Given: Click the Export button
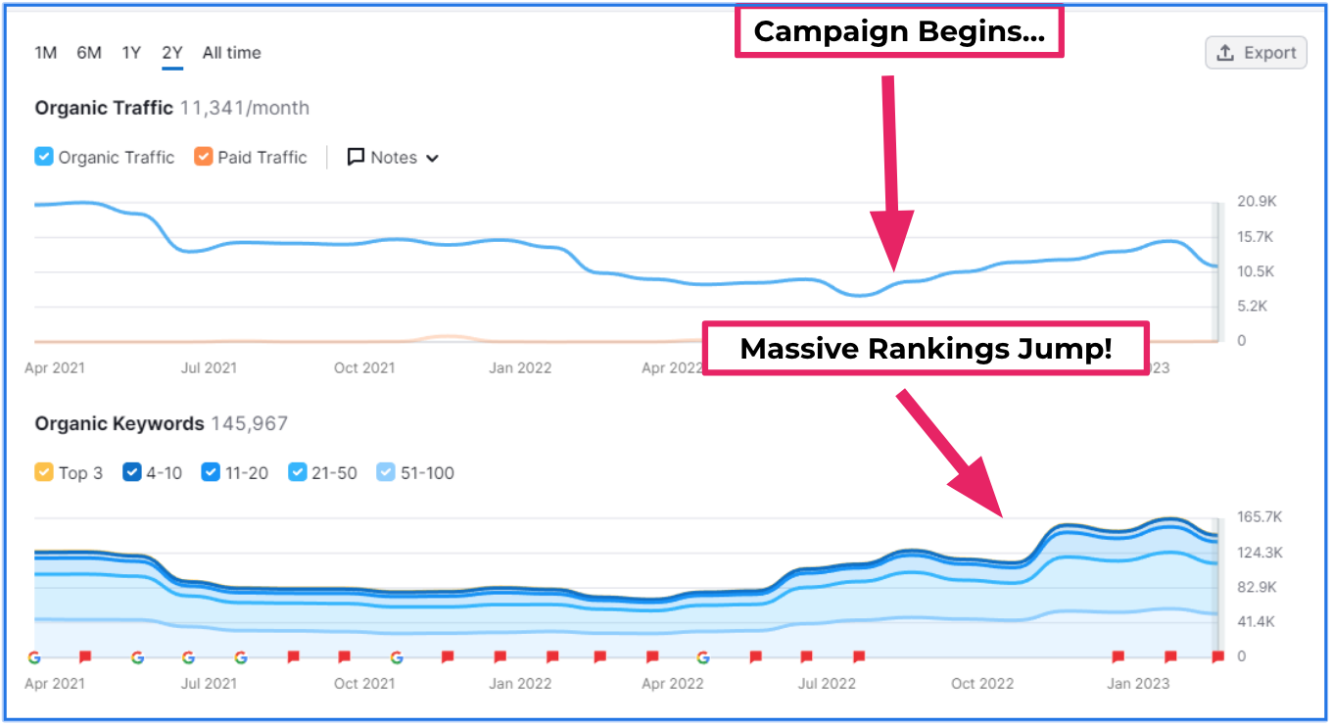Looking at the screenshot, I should click(1257, 53).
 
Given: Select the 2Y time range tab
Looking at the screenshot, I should click(172, 53).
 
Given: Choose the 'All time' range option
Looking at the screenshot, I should click(231, 53).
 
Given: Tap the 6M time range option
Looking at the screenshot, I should click(89, 53).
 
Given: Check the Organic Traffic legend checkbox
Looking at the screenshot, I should click(44, 157).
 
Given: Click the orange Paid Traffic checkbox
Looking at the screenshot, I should click(204, 157).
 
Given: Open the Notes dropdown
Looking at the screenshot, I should click(393, 158).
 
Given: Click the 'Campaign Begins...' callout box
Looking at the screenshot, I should click(898, 32).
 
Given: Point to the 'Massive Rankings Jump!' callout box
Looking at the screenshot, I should click(926, 349).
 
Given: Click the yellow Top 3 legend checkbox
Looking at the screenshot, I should click(44, 472).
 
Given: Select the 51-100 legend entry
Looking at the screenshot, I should click(386, 472).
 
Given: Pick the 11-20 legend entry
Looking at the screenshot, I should click(211, 472).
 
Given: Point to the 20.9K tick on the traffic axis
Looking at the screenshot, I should click(1257, 202).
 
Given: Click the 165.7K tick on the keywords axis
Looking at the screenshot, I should click(1260, 517).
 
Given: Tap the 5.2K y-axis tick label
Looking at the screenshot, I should click(1255, 307).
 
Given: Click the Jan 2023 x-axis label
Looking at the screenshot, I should click(1138, 684).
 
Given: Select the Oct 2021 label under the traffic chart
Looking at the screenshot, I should click(364, 368).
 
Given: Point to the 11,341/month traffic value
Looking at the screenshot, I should click(245, 108).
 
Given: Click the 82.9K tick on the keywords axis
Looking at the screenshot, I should click(1257, 588).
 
